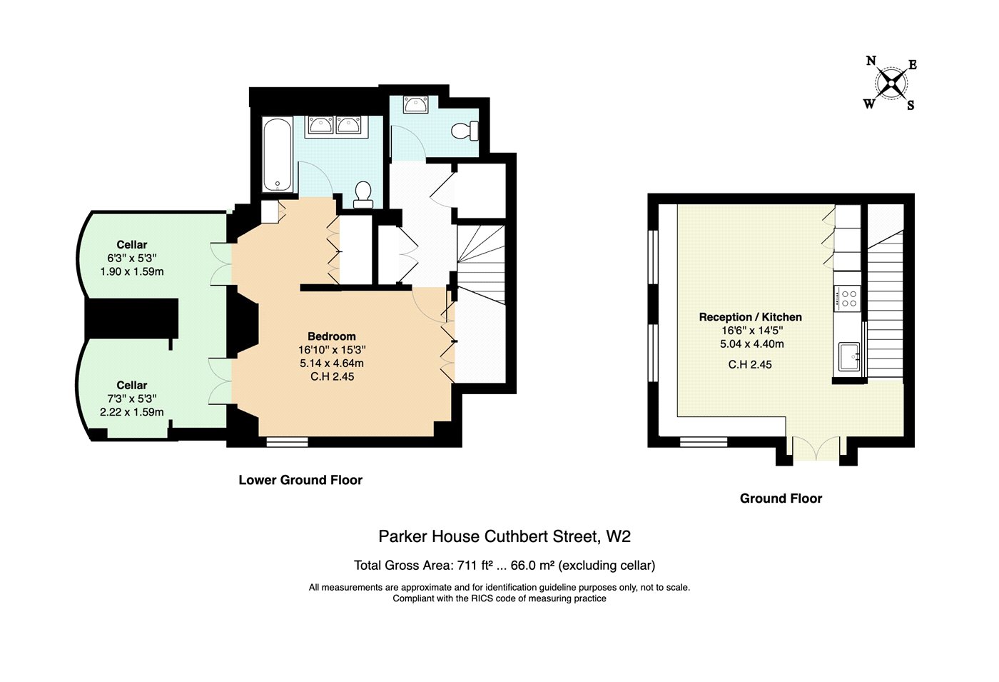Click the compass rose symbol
(891, 83)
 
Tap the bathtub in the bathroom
(277, 154)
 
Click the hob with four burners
(847, 299)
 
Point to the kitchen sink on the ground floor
(849, 356)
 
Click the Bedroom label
(332, 336)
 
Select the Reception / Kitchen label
(751, 317)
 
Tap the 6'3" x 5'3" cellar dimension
(132, 258)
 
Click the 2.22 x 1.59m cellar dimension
(132, 412)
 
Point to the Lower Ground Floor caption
(300, 480)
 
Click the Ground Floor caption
(781, 498)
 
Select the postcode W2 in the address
(618, 536)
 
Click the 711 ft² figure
(475, 565)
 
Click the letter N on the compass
(871, 61)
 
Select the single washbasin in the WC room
(415, 104)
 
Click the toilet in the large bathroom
(363, 195)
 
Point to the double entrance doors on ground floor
(816, 448)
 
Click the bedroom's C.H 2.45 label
(333, 376)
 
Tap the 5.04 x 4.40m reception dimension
(752, 343)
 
